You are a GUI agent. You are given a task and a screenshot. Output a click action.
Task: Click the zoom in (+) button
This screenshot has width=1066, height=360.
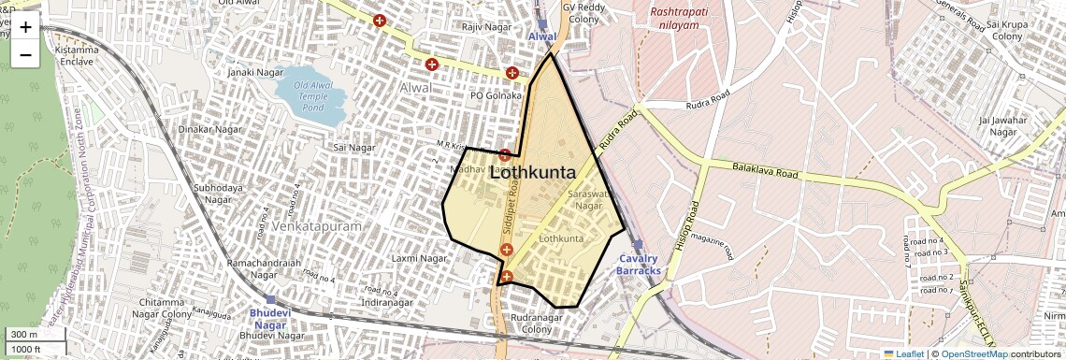coord(25,27)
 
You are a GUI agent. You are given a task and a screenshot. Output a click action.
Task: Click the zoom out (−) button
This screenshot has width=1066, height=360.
coord(25,55)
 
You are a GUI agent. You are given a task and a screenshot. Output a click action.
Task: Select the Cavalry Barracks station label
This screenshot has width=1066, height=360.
coord(639,265)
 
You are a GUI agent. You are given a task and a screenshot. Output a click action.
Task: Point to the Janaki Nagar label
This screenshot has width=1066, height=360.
coord(254,71)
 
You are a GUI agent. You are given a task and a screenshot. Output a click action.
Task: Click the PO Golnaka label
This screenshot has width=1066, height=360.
coord(496,95)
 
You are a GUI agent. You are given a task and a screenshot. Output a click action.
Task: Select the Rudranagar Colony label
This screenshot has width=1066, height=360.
coord(538,324)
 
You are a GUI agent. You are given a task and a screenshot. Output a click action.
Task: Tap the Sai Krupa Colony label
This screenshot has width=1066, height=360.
coord(1008,31)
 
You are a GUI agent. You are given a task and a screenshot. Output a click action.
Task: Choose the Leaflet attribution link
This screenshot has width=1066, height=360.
coord(903,353)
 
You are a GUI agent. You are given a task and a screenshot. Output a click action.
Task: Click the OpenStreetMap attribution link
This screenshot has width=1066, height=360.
coord(974,353)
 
